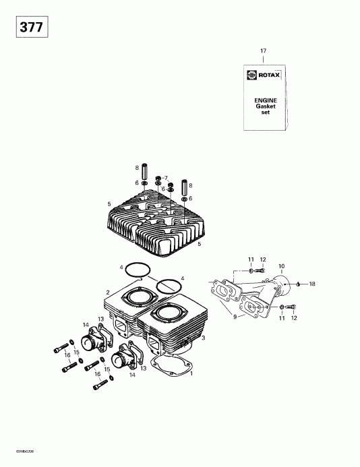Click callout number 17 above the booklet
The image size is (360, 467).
(264, 51)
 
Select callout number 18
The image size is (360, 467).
(312, 284)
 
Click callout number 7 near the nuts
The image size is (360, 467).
(166, 178)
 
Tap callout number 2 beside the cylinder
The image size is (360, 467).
(107, 292)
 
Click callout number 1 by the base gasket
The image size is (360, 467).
(192, 373)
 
